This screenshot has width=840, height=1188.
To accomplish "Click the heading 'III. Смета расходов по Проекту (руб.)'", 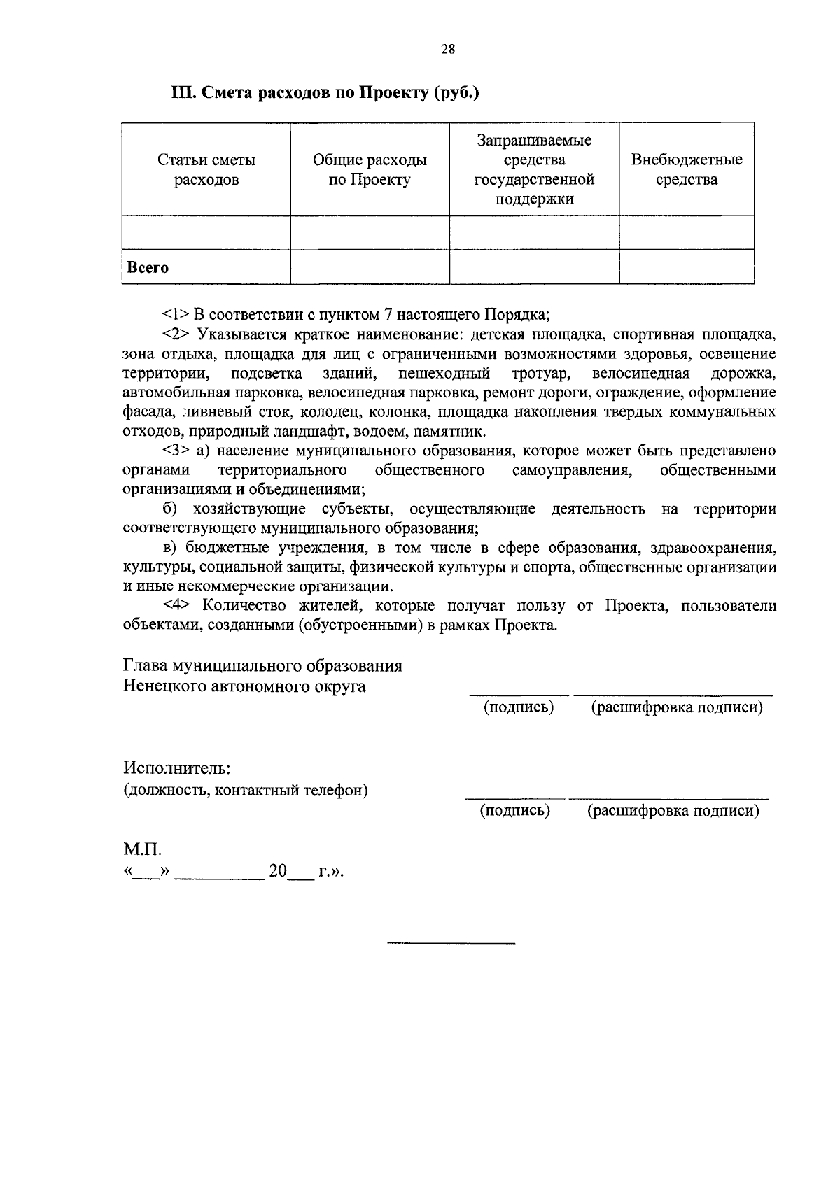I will click(x=325, y=93).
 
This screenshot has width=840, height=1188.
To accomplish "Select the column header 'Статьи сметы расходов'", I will click(x=206, y=170).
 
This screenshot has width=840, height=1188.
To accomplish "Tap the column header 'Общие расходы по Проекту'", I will click(x=370, y=170).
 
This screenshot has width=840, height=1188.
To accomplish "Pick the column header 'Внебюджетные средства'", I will click(x=687, y=170).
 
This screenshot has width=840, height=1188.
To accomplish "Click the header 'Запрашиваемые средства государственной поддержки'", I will click(x=534, y=170).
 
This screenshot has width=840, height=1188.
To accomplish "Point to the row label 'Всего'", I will click(x=148, y=267).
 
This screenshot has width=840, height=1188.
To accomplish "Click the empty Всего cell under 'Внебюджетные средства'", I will click(x=687, y=267).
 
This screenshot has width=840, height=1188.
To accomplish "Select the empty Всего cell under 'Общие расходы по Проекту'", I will click(x=370, y=267).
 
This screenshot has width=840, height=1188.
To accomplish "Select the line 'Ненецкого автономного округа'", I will click(x=244, y=686).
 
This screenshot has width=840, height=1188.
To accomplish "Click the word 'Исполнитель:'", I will click(x=176, y=768).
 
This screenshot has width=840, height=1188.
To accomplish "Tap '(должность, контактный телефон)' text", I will click(x=246, y=791).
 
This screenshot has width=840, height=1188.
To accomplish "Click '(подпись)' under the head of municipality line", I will click(x=519, y=707).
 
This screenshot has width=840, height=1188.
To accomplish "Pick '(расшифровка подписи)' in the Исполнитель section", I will click(x=673, y=811).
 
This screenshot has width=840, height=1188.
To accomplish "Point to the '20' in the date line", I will click(x=278, y=872).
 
